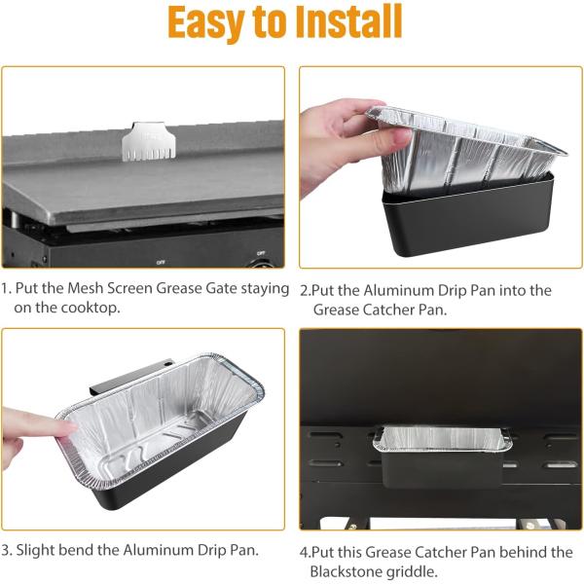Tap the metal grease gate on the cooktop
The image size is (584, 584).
pos(149,141)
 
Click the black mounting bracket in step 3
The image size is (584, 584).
pos(130,376)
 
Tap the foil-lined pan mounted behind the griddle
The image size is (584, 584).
pos(443,456)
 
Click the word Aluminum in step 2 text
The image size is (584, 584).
pos(398,290)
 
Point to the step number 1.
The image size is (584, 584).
pos(6,288)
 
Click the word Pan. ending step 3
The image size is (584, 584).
pos(244,550)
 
